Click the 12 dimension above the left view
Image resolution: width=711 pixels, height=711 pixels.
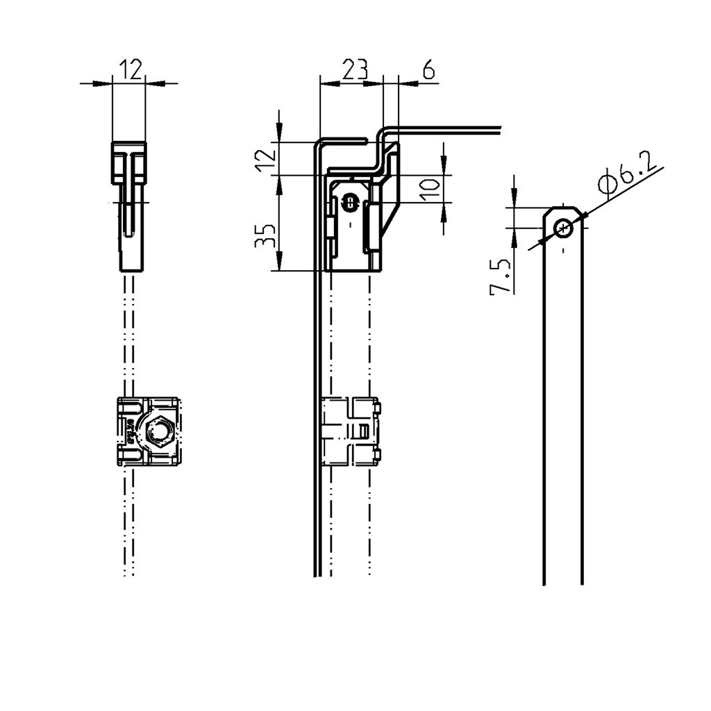click(x=130, y=69)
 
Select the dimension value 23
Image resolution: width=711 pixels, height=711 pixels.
click(x=353, y=69)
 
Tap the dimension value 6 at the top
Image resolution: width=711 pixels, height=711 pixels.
click(x=428, y=69)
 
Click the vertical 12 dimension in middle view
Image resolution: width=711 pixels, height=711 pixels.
click(x=265, y=159)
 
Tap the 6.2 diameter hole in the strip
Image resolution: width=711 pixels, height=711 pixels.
click(x=563, y=227)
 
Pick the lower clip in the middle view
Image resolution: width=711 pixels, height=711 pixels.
click(x=352, y=430)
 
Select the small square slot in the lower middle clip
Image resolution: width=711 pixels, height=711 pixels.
click(x=362, y=430)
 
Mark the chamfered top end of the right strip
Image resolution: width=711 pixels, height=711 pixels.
click(x=563, y=210)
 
